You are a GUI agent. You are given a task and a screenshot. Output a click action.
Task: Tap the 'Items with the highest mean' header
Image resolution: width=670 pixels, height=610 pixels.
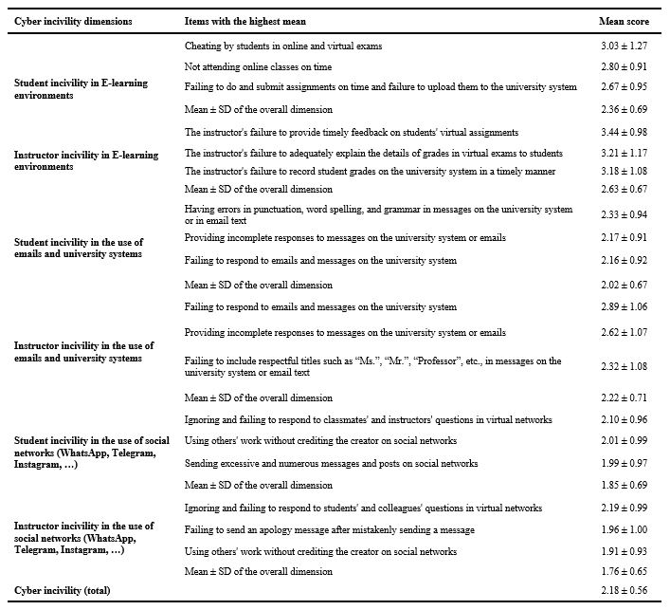pyautogui.click(x=245, y=20)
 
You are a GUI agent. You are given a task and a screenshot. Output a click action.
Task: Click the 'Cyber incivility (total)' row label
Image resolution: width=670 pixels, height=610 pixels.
pyautogui.click(x=63, y=591)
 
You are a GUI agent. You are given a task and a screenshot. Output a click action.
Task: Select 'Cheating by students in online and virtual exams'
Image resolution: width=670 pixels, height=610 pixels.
pyautogui.click(x=283, y=46)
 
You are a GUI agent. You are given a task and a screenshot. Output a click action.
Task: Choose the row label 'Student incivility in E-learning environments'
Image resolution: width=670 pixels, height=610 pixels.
pyautogui.click(x=81, y=88)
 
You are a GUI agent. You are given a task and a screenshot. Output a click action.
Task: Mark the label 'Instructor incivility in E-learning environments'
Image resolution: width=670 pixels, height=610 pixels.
pyautogui.click(x=85, y=160)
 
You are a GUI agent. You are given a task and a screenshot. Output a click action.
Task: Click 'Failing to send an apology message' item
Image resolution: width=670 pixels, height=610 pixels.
pyautogui.click(x=330, y=529)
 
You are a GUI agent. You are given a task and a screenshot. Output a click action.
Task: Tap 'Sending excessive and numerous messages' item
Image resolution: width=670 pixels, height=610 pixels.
pyautogui.click(x=331, y=463)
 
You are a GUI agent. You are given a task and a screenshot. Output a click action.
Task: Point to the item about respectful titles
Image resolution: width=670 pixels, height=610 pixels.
pyautogui.click(x=373, y=366)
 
